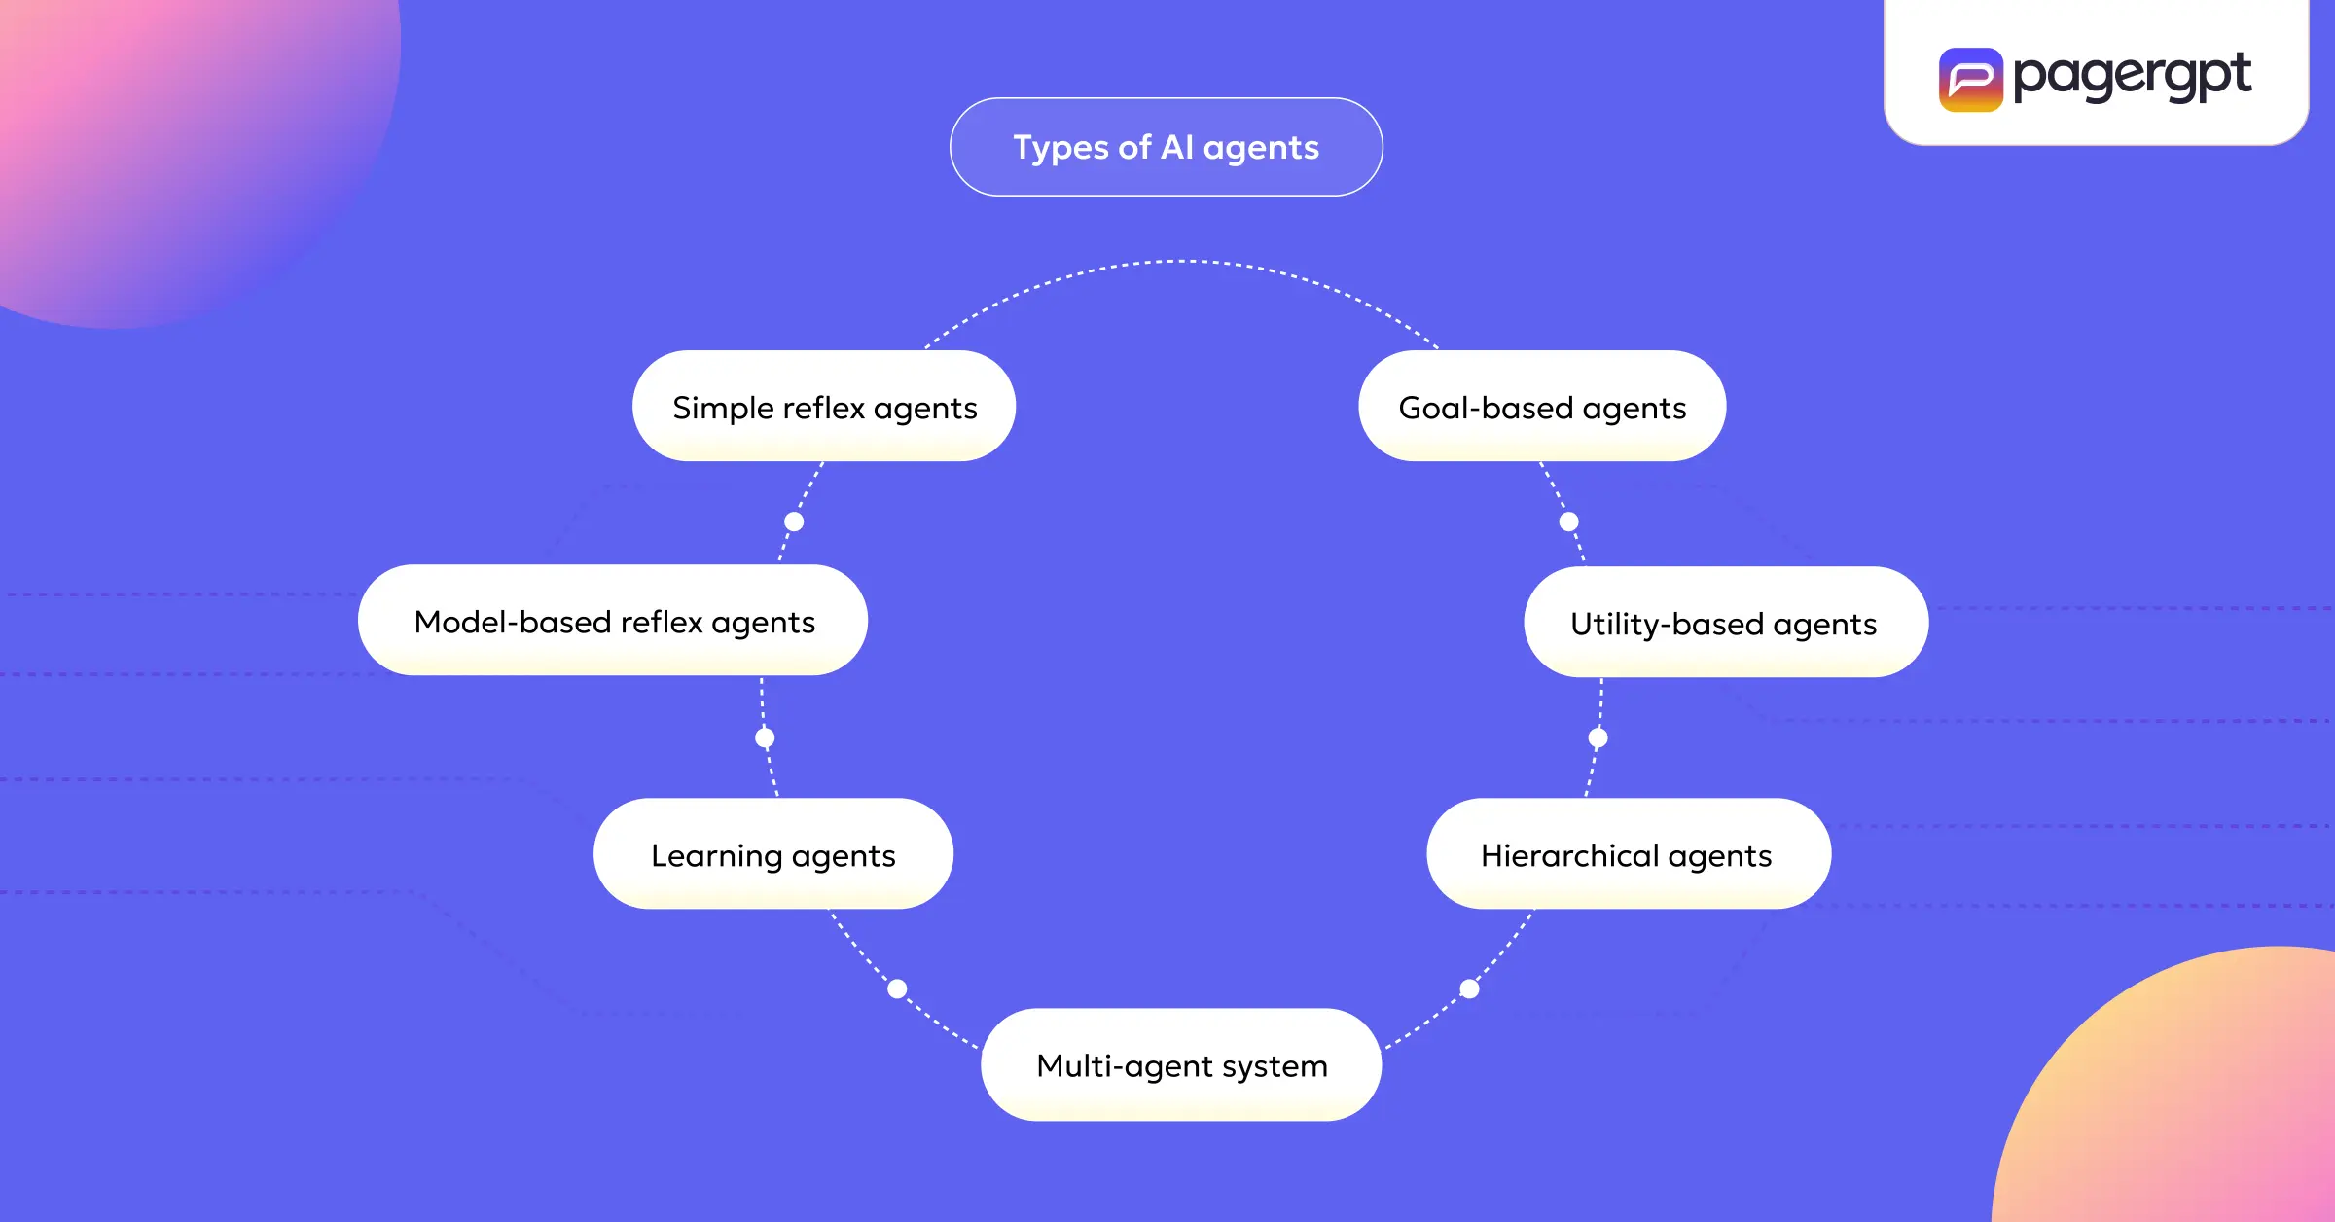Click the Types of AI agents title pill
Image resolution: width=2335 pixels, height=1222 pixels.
(x=1166, y=147)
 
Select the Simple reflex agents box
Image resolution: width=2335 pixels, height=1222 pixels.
(x=824, y=407)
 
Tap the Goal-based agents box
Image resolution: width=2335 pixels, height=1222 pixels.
(x=1542, y=407)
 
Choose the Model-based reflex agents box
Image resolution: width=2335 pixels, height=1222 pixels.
(x=613, y=621)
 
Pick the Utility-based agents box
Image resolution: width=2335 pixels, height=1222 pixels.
(x=1725, y=623)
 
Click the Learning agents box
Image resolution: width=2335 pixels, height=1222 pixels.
(x=773, y=854)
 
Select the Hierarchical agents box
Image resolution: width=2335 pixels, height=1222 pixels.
(x=1628, y=854)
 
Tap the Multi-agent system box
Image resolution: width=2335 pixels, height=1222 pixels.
(x=1181, y=1065)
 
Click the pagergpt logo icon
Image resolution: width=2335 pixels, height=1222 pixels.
(x=1970, y=80)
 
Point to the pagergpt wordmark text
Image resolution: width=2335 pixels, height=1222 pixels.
(x=2132, y=76)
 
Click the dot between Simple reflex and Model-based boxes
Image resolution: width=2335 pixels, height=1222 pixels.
(x=794, y=521)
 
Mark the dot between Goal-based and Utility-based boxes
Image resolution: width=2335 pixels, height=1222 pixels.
(x=1568, y=521)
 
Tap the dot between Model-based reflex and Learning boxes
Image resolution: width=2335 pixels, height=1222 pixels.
(x=765, y=737)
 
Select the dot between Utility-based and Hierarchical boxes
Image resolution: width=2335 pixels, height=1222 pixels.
(x=1598, y=737)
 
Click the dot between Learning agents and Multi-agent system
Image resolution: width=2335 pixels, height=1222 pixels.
(x=897, y=988)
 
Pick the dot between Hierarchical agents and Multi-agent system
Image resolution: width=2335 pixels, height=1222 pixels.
(x=1469, y=988)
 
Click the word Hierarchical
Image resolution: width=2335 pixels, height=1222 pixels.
(x=1569, y=855)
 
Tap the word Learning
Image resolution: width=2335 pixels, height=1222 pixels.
(x=716, y=855)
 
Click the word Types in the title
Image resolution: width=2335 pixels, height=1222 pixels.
(x=1060, y=148)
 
